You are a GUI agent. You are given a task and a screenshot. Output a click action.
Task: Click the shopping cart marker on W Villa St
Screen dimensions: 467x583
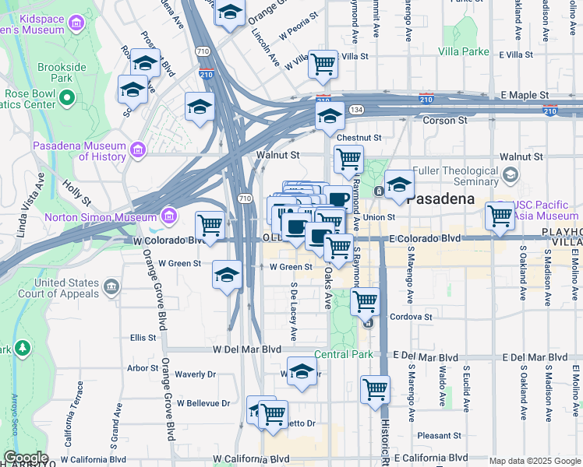pos(322,65)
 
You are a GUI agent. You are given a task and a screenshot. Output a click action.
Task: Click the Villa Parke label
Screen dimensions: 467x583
pos(464,52)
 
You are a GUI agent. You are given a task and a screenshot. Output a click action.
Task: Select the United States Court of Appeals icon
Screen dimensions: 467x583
pos(111,288)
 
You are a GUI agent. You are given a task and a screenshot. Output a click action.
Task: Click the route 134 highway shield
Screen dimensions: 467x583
pos(356,110)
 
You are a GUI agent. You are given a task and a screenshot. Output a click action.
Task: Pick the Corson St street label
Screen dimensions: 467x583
pos(444,121)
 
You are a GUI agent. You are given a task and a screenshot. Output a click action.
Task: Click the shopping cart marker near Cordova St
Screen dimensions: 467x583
pos(364,300)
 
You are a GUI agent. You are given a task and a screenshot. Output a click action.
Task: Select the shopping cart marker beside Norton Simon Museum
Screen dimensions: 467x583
pos(210,226)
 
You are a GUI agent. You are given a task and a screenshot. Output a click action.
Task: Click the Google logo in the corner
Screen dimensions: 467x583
pos(26,458)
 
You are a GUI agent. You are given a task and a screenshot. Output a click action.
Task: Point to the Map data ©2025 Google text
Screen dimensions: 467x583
pos(534,461)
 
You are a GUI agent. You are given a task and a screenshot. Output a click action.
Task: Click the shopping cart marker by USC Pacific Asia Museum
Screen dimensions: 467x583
pos(500,216)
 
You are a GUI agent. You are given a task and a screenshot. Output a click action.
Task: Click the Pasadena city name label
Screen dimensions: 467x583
pos(440,198)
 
